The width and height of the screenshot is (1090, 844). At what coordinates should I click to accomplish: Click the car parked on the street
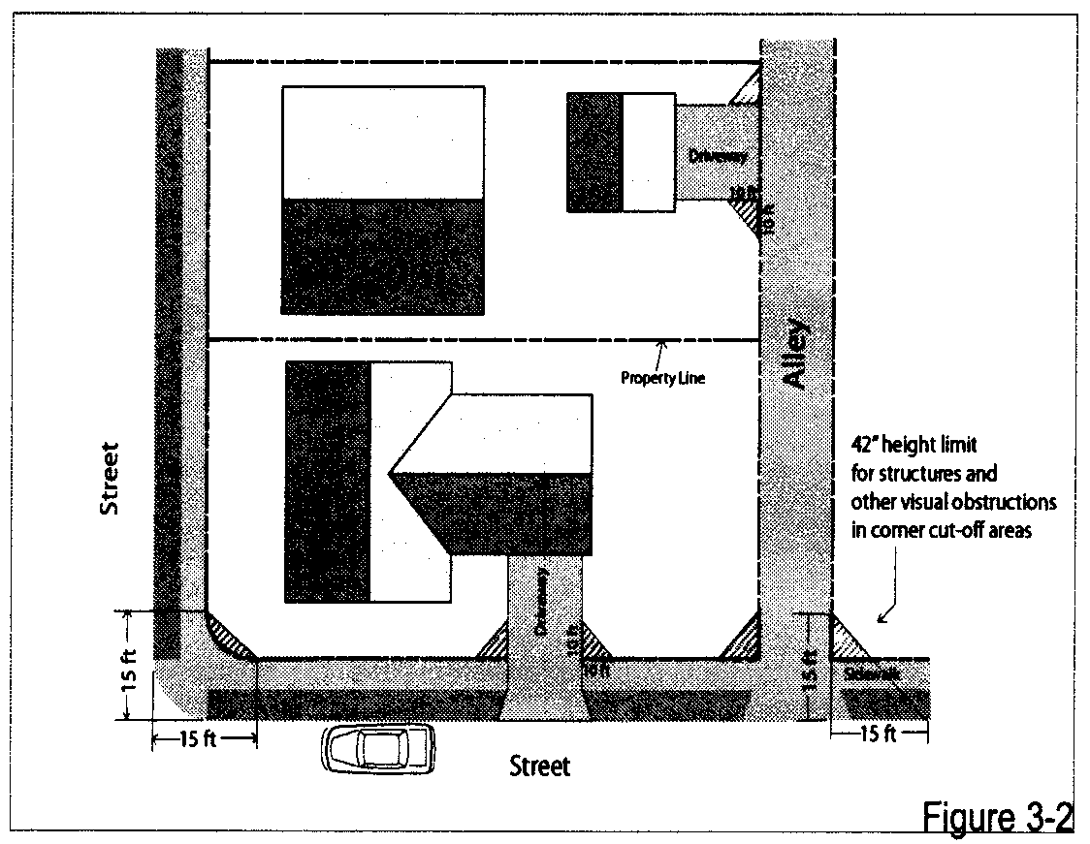pyautogui.click(x=379, y=748)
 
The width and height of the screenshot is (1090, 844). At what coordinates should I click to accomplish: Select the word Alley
pyautogui.click(x=795, y=353)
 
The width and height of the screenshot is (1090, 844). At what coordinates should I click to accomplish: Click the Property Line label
pyautogui.click(x=662, y=378)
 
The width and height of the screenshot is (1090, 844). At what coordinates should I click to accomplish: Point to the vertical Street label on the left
pyautogui.click(x=111, y=479)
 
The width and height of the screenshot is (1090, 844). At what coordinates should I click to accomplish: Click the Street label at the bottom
pyautogui.click(x=540, y=766)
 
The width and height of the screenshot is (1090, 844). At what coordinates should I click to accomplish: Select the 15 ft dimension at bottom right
pyautogui.click(x=878, y=735)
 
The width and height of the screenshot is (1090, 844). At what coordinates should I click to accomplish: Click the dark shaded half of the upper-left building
pyautogui.click(x=382, y=256)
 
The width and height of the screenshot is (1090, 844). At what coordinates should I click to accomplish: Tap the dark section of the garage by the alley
pyautogui.click(x=594, y=151)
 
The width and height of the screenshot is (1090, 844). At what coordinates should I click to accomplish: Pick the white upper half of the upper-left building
pyautogui.click(x=382, y=142)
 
